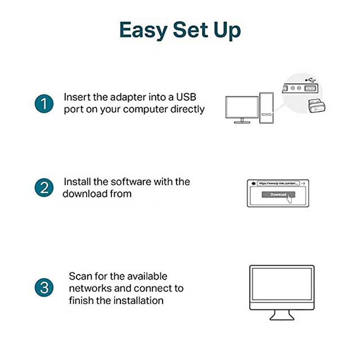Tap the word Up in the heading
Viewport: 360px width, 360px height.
click(225, 31)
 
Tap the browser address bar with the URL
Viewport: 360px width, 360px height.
click(277, 183)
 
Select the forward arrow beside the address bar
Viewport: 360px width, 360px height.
click(303, 183)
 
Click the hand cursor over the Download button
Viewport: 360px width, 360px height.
click(290, 198)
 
